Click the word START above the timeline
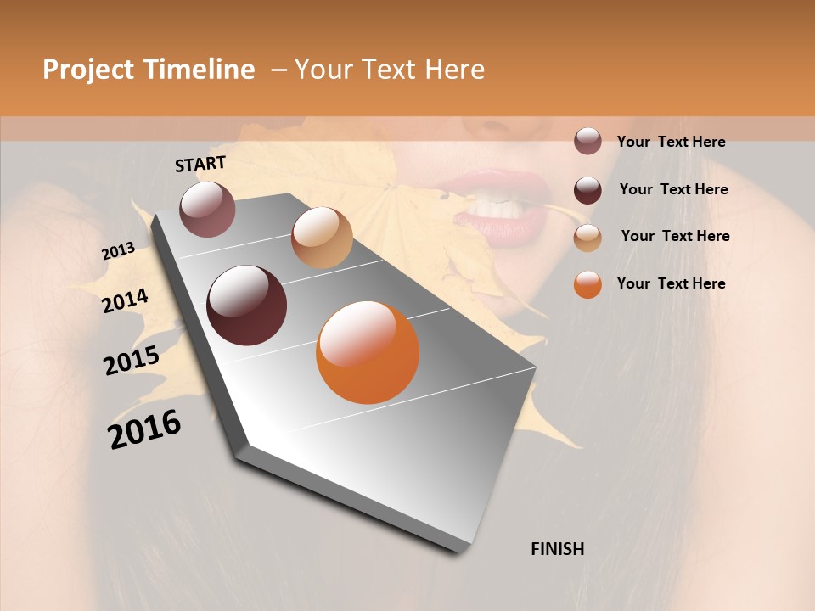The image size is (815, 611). (200, 164)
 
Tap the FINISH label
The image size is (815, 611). (557, 549)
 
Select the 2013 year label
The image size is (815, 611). (118, 251)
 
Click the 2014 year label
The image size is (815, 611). (125, 300)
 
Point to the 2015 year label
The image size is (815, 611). (131, 361)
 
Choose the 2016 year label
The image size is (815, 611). (144, 429)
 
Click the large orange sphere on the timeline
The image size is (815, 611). (368, 352)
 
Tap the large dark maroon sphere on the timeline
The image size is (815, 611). (247, 305)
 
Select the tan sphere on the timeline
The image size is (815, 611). (322, 238)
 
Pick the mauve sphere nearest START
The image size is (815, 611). (207, 209)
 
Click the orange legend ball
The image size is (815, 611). (587, 284)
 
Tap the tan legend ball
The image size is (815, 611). (587, 238)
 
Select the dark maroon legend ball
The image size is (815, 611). (587, 190)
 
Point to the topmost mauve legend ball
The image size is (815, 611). (587, 142)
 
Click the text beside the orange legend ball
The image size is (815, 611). (671, 283)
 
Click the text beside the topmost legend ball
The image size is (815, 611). (671, 142)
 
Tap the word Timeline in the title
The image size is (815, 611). (199, 70)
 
